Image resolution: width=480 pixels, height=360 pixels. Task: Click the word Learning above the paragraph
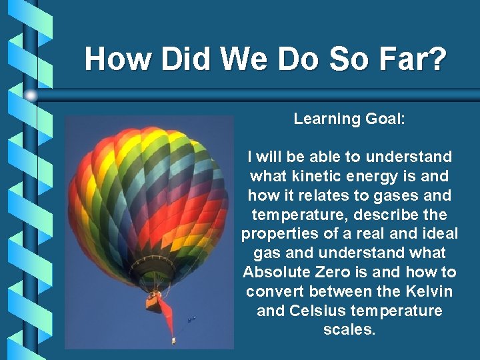click(326, 119)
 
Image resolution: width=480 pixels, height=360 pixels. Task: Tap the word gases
click(395, 196)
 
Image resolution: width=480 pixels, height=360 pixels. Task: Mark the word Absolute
click(274, 273)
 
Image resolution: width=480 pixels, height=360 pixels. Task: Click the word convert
click(271, 292)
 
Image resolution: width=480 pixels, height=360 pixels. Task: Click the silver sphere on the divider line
click(31, 95)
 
